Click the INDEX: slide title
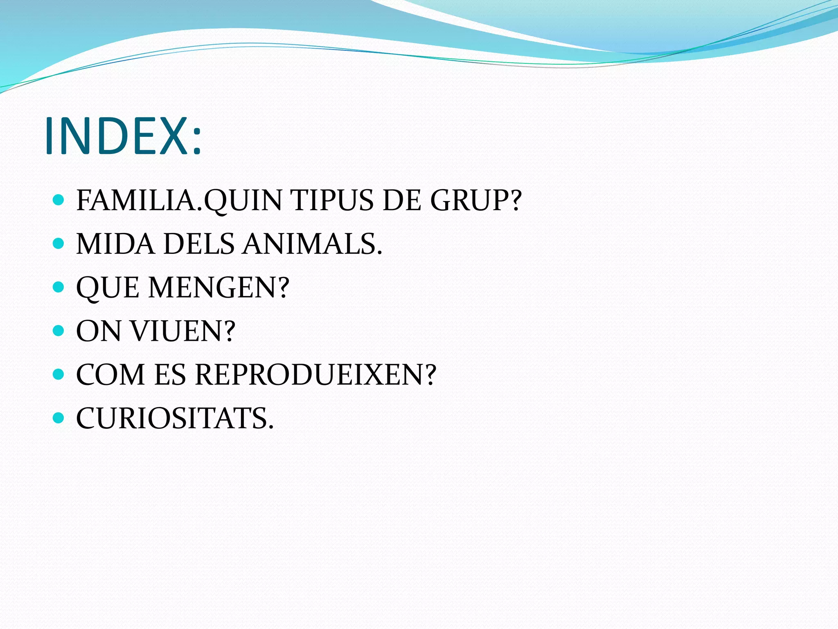coord(123,136)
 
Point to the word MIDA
coord(115,244)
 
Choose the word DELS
coord(199,244)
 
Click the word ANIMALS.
coord(313,244)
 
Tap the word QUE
coord(108,288)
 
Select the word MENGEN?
coord(219,288)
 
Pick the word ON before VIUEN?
coord(98,331)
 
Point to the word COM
coord(110,375)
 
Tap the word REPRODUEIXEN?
coord(315,375)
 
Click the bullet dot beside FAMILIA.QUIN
coord(59,200)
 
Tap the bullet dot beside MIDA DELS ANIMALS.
coord(59,244)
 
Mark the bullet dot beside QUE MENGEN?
coord(59,287)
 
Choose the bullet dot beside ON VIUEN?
coord(59,330)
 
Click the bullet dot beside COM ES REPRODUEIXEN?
coord(59,374)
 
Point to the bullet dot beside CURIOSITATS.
coord(59,418)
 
